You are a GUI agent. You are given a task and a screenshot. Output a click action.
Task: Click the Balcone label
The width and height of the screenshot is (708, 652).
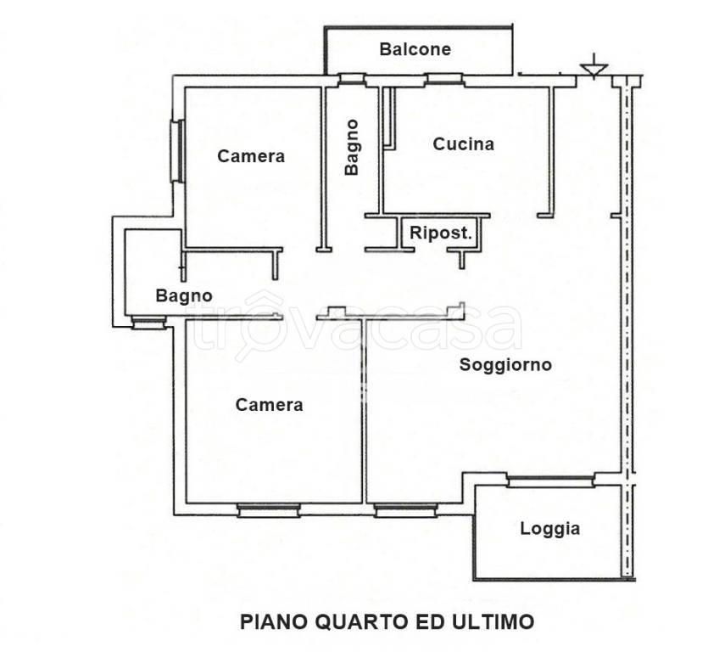click(x=415, y=49)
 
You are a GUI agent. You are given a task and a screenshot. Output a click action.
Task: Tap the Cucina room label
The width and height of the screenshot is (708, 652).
click(x=463, y=144)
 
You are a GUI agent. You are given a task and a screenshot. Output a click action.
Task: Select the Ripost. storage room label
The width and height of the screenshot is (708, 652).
click(x=441, y=233)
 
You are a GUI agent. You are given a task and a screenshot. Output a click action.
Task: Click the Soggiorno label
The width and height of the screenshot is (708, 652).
click(x=505, y=365)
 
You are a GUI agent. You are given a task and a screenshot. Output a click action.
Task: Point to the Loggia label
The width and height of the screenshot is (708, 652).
click(x=549, y=529)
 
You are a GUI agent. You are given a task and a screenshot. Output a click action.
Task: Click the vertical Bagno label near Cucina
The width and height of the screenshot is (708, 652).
click(x=352, y=147)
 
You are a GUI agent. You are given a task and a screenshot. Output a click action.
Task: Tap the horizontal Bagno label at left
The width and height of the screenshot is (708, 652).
click(x=183, y=295)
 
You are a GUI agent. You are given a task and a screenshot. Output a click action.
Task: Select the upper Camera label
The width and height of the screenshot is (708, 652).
click(x=251, y=156)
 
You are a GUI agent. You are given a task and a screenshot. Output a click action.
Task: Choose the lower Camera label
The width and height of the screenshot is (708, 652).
click(x=269, y=405)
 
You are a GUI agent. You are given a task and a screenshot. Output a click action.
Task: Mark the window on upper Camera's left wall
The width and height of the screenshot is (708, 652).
click(x=176, y=151)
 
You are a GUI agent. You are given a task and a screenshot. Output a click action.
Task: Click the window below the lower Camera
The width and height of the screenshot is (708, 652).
click(x=268, y=509)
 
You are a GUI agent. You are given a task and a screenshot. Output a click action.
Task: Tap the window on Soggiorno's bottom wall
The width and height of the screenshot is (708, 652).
click(x=405, y=509)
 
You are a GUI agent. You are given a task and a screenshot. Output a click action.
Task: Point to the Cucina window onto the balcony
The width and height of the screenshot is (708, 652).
click(x=443, y=80)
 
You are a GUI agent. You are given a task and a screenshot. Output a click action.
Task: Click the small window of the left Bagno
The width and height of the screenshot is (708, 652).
click(x=148, y=322)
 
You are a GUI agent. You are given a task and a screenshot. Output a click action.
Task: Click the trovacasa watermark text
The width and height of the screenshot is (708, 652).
click(x=356, y=327)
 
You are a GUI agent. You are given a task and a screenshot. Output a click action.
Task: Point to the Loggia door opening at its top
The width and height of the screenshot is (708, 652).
click(x=549, y=481)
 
